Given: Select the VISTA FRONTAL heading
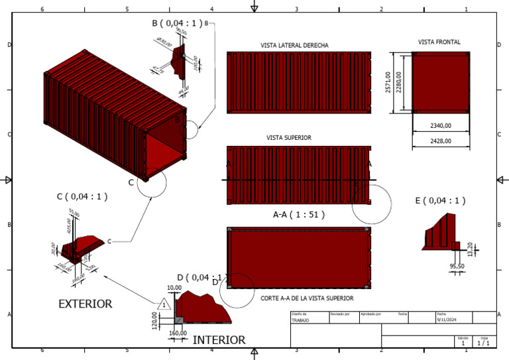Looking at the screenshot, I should coord(439,42).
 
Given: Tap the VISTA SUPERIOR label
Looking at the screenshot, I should coord(289,138).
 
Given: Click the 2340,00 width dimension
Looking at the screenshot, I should coord(440,125).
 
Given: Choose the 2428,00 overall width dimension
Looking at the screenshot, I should coord(440,141).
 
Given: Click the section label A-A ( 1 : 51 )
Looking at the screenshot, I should coord(298,215).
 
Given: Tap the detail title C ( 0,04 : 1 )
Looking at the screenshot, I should coord(82,196).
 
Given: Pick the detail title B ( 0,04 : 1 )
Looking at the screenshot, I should coord(177,23).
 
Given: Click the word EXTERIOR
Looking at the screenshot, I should coord(85,304).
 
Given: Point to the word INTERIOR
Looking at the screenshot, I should coord(219,339).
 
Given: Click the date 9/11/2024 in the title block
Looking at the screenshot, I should coord(445,320).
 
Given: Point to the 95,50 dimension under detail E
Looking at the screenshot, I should coord(457,266).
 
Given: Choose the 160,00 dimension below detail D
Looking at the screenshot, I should coord(178,333).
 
